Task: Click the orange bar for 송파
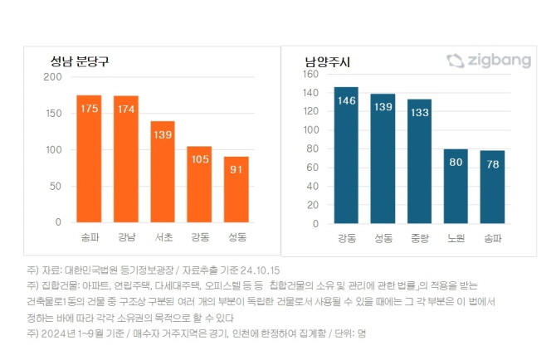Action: (89, 158)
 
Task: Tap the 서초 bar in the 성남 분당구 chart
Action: (163, 172)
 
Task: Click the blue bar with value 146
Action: (346, 155)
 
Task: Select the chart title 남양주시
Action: (327, 62)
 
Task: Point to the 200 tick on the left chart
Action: (53, 77)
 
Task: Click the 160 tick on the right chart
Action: (311, 73)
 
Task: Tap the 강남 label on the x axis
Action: (126, 238)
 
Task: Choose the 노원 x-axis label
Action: (456, 239)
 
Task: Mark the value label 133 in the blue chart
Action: (419, 113)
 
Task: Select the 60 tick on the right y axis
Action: (314, 168)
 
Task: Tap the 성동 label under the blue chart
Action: (383, 239)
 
